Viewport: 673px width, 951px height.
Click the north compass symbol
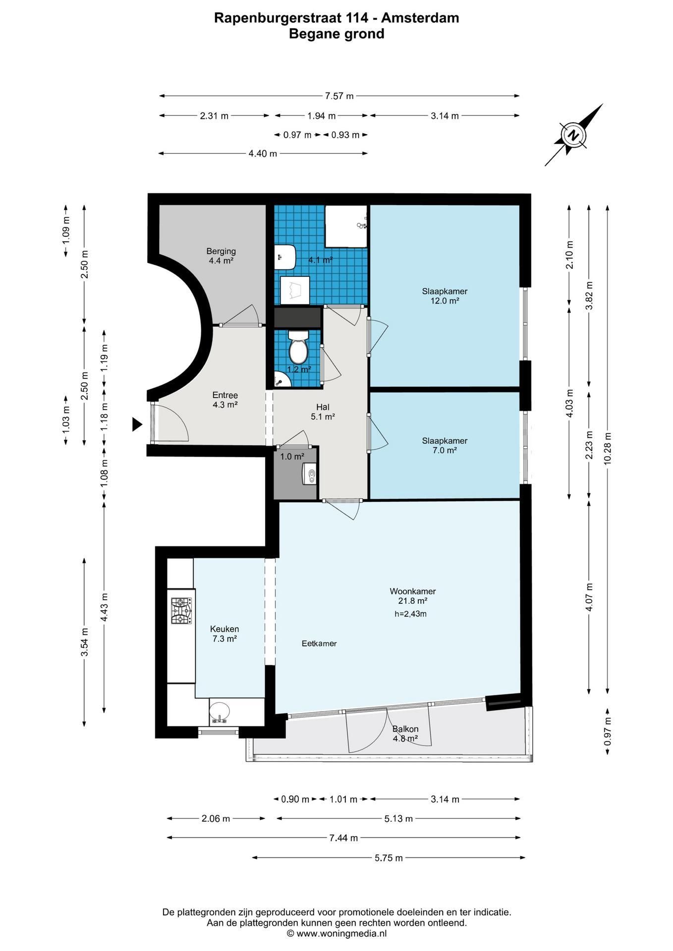coord(574,135)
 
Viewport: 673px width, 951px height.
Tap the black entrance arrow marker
coord(137,424)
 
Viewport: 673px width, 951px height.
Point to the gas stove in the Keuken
coord(181,611)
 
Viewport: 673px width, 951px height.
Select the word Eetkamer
coord(319,643)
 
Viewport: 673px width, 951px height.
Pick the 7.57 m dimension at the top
coord(339,96)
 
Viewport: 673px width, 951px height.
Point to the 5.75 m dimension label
coord(389,857)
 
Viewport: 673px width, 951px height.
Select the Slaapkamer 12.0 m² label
coord(445,296)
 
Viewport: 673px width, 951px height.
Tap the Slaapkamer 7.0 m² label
coord(445,445)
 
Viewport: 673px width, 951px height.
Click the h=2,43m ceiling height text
coord(410,614)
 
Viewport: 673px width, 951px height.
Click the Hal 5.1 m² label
coord(323,412)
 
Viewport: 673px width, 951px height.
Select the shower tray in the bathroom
coord(346,226)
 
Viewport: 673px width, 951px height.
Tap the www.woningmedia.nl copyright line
coord(336,934)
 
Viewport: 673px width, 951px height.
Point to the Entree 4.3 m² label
coord(225,400)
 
